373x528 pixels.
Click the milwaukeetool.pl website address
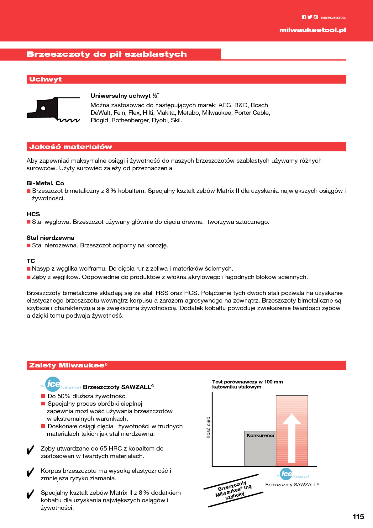313,30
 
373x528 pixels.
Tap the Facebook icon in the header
304,17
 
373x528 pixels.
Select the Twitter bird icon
310,17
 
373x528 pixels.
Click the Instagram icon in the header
316,17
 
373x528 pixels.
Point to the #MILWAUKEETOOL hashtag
333,18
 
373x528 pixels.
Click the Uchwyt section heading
45,79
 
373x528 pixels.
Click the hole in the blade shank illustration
43,108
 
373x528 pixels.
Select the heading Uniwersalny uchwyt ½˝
125,96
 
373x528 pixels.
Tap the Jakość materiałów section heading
71,147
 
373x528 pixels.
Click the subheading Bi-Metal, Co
45,183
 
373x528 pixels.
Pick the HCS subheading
33,214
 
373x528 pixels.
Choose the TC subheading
31,261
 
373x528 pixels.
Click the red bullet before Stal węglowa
29,222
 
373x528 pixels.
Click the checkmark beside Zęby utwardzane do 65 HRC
30,450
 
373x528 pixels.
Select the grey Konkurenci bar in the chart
260,450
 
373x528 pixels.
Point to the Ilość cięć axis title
208,427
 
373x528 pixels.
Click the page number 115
358,517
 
